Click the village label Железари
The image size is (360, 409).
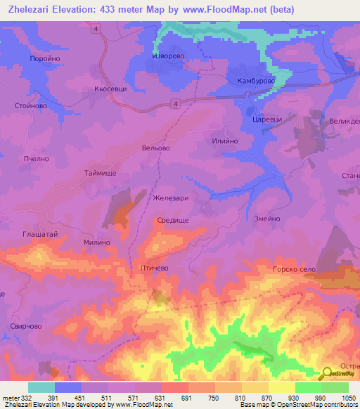[x=171, y=198]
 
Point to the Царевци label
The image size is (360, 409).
[x=266, y=119]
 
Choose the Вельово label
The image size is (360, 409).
[x=156, y=148]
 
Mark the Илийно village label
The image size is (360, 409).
[x=224, y=141]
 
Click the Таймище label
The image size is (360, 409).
[x=100, y=173]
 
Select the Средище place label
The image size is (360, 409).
[x=172, y=220]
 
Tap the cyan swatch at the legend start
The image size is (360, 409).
[x=41, y=387]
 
